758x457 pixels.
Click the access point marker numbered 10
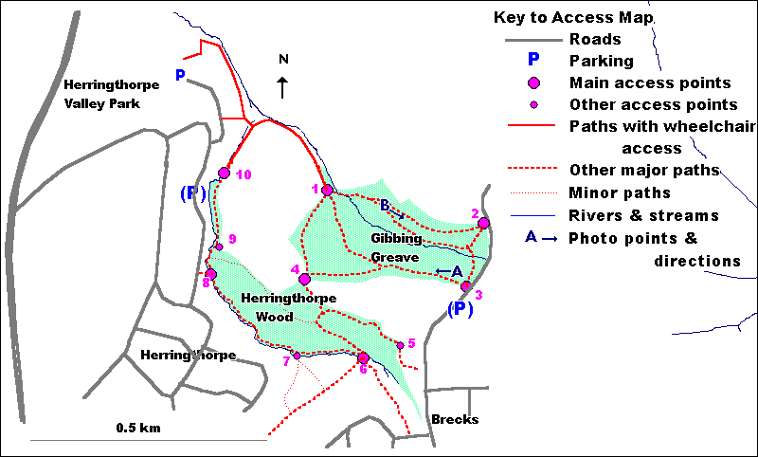[x=225, y=173]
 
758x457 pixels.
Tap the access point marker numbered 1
[x=327, y=191]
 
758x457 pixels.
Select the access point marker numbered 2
[x=483, y=223]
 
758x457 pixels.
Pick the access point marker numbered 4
[x=304, y=279]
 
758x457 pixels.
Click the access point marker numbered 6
[x=363, y=357]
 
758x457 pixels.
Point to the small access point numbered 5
[x=400, y=345]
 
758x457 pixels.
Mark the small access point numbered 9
[x=219, y=247]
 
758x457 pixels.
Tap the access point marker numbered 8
[x=210, y=274]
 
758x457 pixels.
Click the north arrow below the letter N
[x=282, y=87]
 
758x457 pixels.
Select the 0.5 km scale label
[x=138, y=429]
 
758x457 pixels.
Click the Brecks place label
[x=450, y=419]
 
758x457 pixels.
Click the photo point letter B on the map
[x=385, y=205]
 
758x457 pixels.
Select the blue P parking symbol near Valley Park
[x=180, y=74]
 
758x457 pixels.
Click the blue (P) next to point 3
[x=460, y=309]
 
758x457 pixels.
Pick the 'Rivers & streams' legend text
[x=644, y=215]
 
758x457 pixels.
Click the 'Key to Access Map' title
[x=573, y=18]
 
